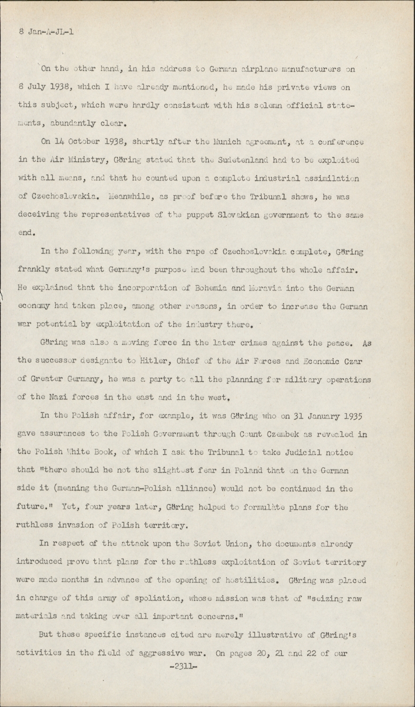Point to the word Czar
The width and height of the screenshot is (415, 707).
pos(361,361)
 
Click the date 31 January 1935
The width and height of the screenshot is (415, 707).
pos(323,416)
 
